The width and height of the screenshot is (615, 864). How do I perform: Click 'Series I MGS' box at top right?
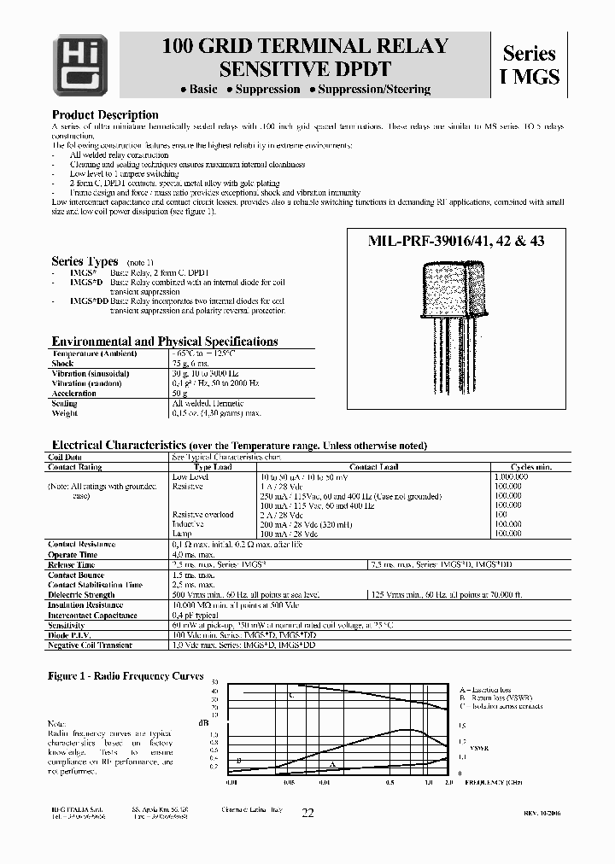(529, 65)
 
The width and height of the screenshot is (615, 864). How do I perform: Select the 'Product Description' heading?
(105, 115)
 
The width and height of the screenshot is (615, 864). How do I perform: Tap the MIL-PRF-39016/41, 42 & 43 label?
(456, 242)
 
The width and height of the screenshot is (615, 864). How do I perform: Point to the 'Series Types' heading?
(85, 261)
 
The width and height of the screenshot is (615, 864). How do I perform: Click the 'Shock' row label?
(63, 364)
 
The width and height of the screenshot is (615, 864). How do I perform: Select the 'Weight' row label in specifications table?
(66, 413)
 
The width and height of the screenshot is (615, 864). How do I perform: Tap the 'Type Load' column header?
(213, 467)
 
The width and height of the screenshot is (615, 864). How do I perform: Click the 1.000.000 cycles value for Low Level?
(511, 476)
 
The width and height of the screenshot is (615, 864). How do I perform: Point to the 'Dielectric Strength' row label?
(81, 595)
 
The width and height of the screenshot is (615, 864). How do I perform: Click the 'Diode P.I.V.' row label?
(71, 636)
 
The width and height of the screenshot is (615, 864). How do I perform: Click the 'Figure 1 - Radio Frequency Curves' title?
(126, 675)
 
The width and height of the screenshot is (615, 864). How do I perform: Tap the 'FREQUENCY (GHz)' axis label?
(493, 781)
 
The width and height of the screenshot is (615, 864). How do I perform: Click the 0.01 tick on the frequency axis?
(231, 781)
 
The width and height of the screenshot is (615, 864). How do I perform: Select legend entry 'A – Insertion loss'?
(485, 689)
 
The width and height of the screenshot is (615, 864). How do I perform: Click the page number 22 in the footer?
(307, 814)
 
